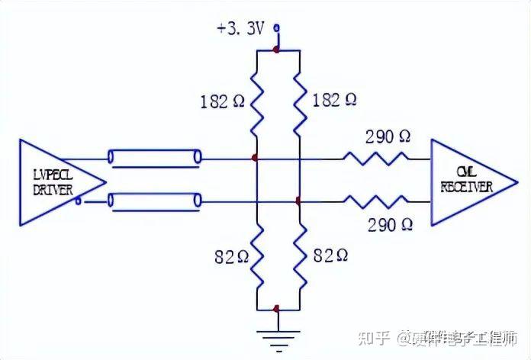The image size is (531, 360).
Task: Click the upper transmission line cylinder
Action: coord(155,159)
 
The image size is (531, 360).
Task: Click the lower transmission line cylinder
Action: coord(155,201)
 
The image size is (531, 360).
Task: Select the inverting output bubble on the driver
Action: coord(79,201)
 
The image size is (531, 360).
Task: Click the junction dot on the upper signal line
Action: coord(255,159)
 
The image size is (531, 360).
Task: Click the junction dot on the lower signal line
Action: coord(298,201)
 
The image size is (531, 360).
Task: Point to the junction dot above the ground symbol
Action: coord(276,309)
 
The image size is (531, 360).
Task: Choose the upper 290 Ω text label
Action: coord(388,137)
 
